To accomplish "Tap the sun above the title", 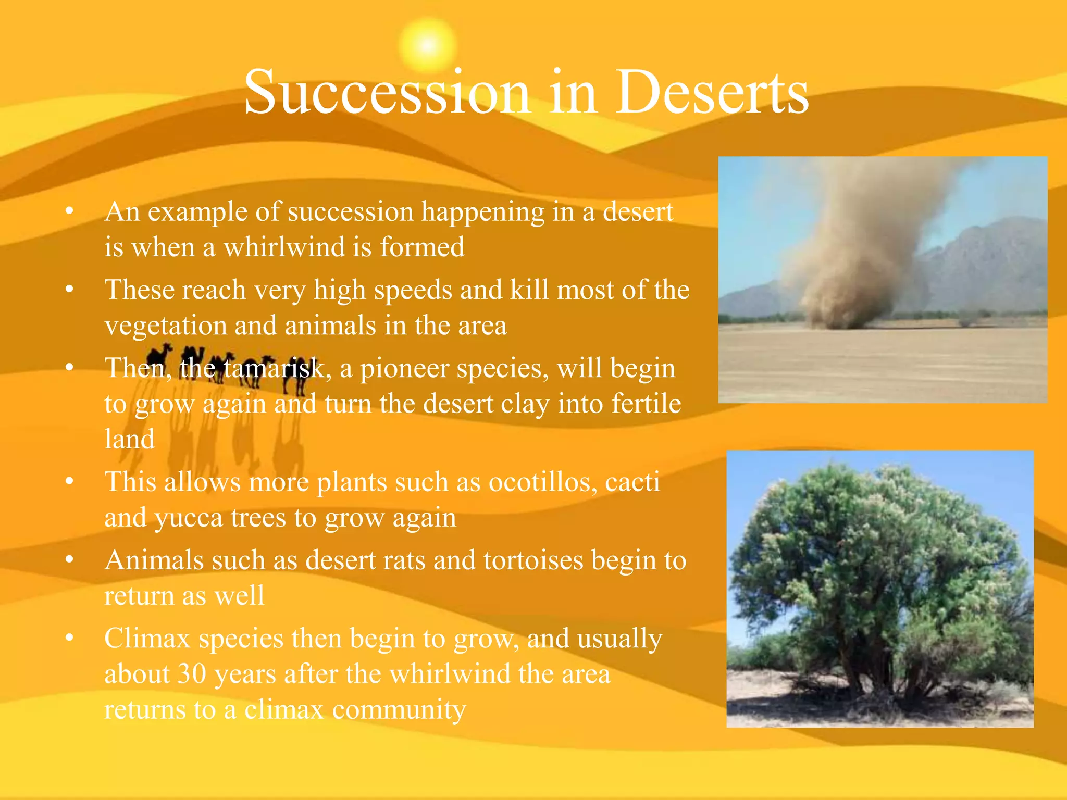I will tap(427, 45).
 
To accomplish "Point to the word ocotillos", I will tap(542, 482).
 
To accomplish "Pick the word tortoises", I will tap(533, 561).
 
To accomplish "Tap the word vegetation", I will tap(165, 327).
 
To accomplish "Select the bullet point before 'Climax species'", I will tap(69, 637).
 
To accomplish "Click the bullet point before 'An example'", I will tap(69, 211).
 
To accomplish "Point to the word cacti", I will tap(632, 482).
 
